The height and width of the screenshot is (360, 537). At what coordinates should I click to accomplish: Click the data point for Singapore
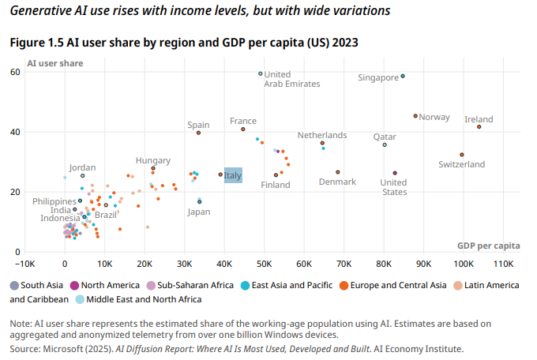pyautogui.click(x=403, y=77)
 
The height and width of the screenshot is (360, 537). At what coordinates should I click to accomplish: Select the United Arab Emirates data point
pyautogui.click(x=261, y=73)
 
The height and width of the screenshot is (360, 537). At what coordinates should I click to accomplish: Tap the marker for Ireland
pyautogui.click(x=479, y=126)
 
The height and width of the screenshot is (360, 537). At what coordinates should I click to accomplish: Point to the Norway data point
pyautogui.click(x=415, y=116)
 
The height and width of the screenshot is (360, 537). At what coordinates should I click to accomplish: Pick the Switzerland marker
pyautogui.click(x=484, y=155)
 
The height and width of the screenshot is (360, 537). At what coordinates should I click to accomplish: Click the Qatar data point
pyautogui.click(x=407, y=144)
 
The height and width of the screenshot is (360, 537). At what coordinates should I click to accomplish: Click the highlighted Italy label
pyautogui.click(x=233, y=175)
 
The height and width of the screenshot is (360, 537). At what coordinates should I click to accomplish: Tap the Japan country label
pyautogui.click(x=199, y=212)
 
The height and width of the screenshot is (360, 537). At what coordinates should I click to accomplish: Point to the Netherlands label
pyautogui.click(x=321, y=135)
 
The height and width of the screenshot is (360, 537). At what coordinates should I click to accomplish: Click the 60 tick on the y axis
pyautogui.click(x=15, y=73)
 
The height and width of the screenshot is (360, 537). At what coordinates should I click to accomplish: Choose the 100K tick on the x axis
pyautogui.click(x=464, y=264)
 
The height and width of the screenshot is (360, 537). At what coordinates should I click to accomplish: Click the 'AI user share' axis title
pyautogui.click(x=54, y=62)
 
